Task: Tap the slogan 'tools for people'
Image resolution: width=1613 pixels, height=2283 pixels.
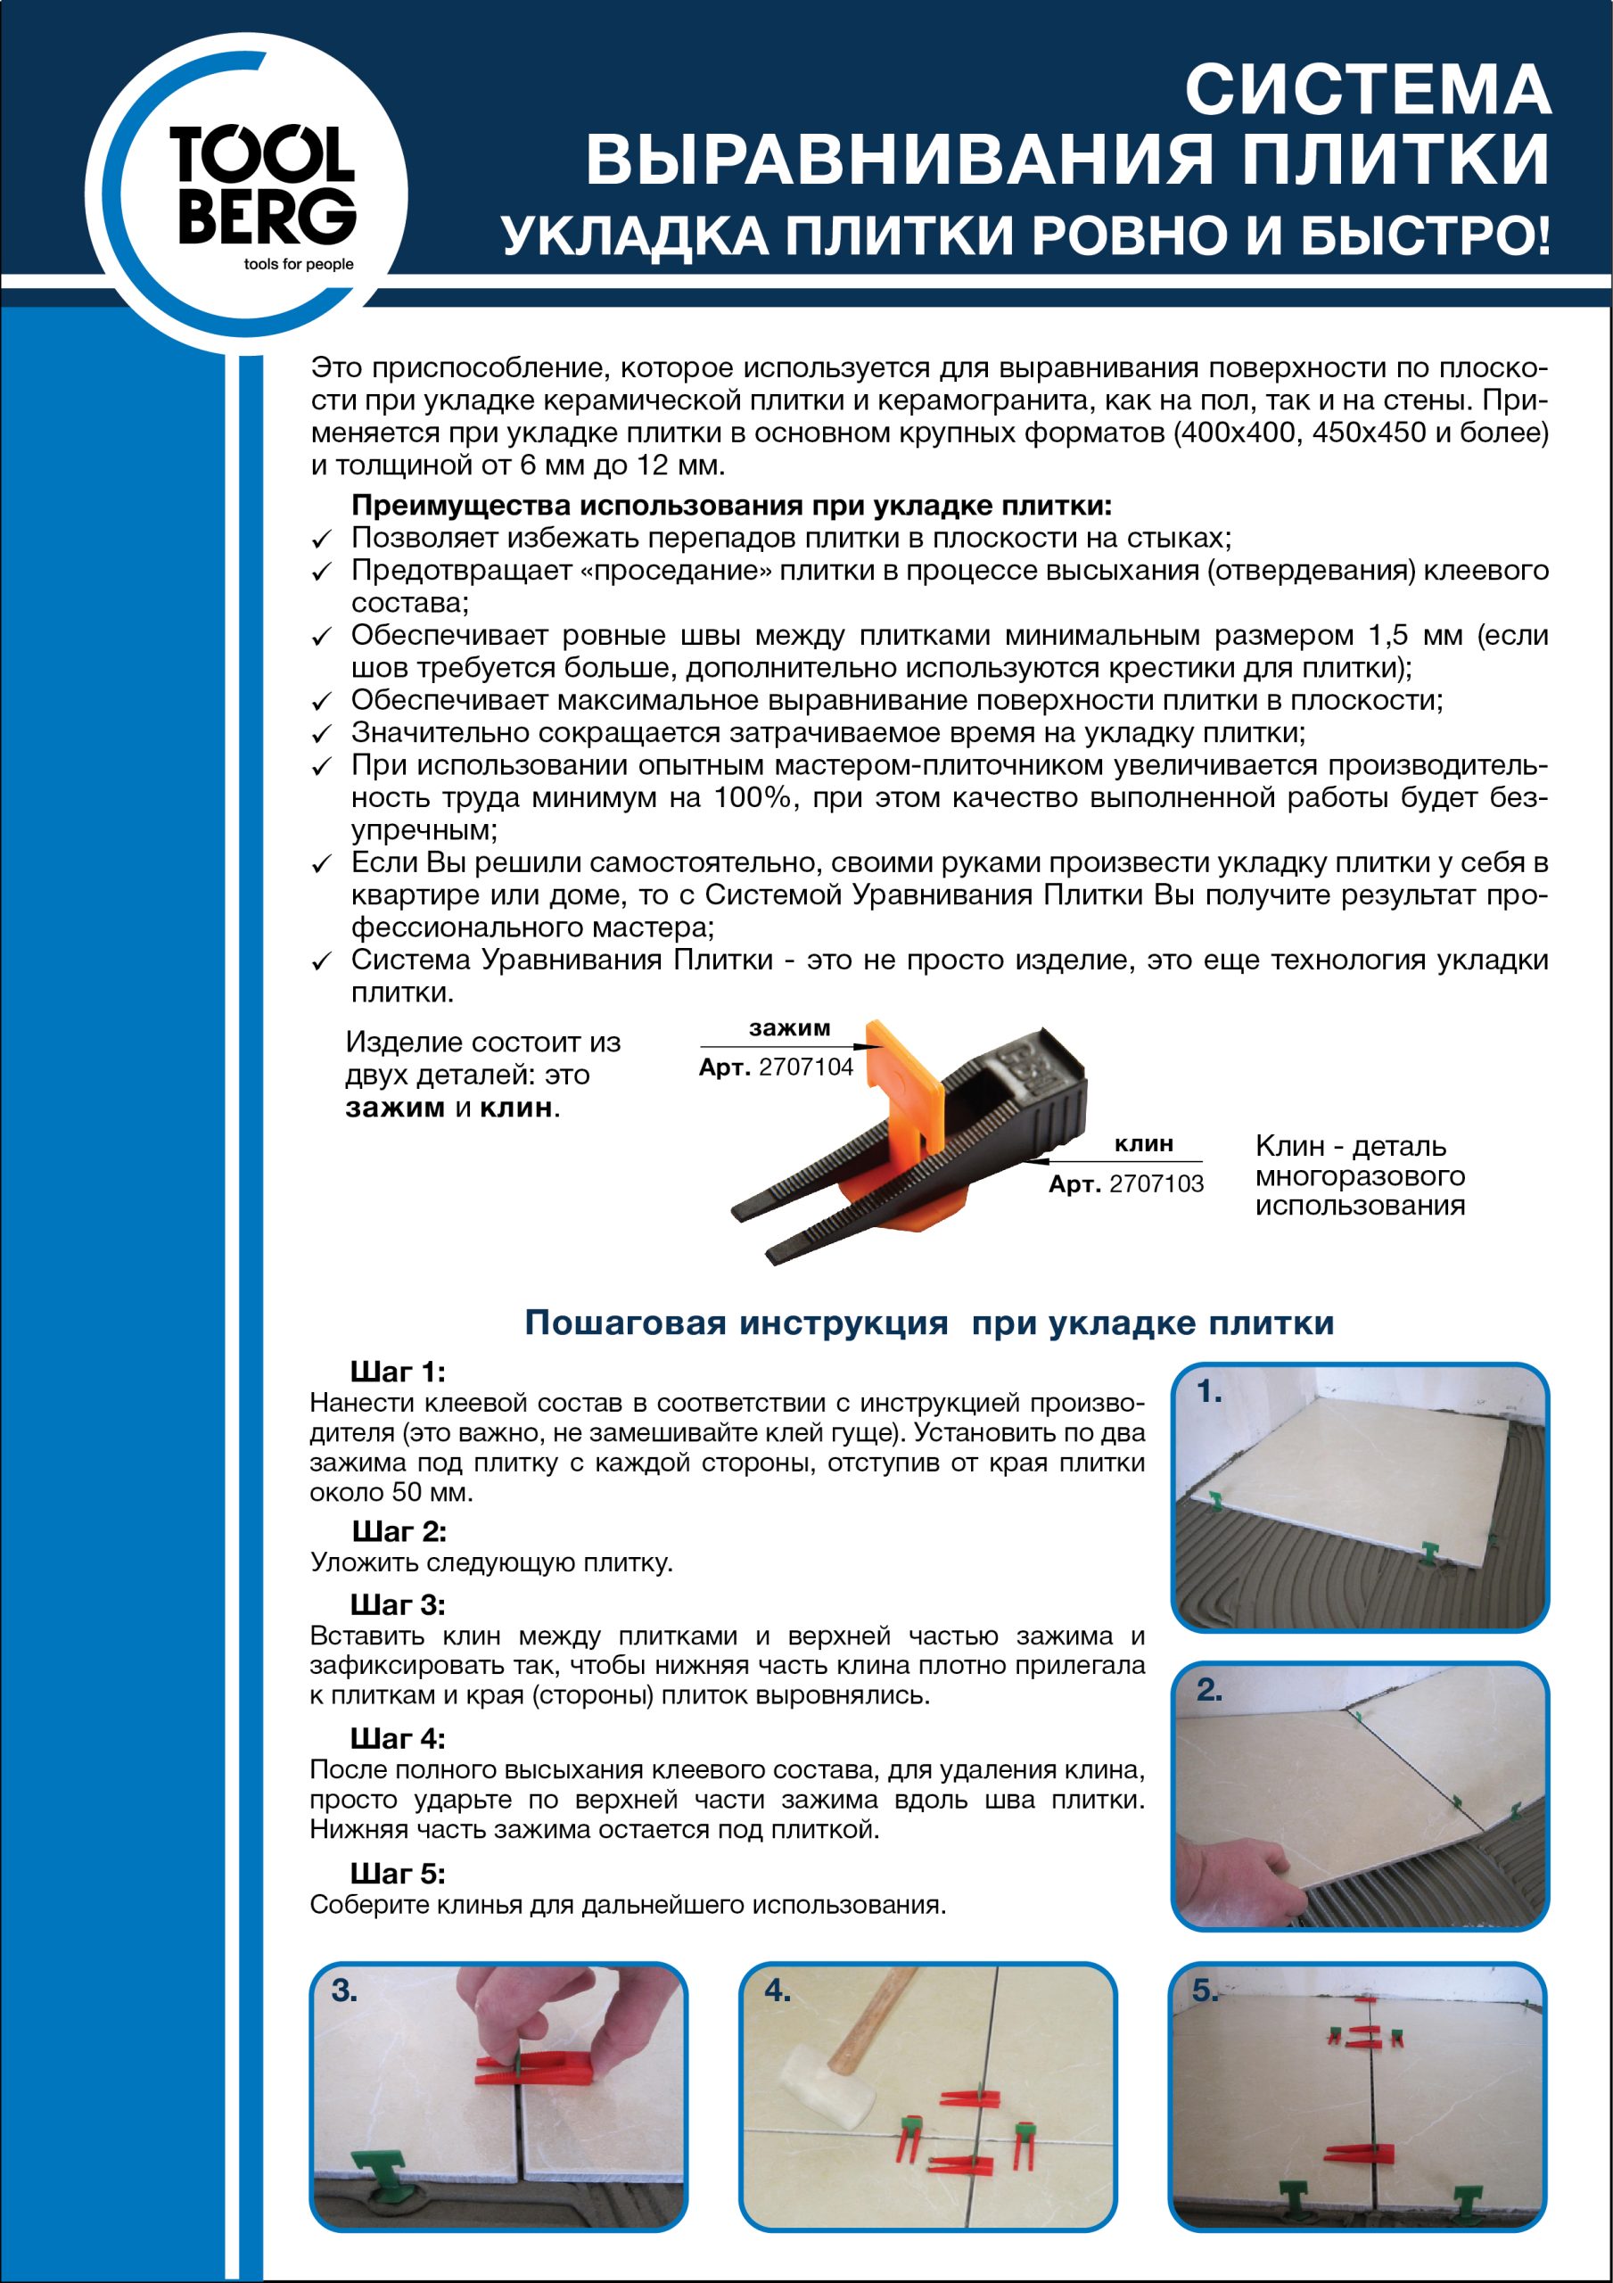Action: [x=299, y=265]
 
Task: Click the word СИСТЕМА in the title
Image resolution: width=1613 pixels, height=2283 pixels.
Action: [x=1368, y=89]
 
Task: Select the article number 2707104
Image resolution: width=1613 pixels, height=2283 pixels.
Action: [x=805, y=1067]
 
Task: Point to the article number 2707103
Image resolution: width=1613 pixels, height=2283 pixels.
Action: [x=1156, y=1184]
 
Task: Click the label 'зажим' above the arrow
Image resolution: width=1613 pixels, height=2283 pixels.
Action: [x=790, y=1028]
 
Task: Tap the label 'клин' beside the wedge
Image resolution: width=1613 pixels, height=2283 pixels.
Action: [x=1144, y=1143]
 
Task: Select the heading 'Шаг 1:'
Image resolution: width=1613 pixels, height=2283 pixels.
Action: [x=398, y=1372]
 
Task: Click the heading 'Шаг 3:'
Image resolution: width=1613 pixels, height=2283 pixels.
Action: [x=398, y=1606]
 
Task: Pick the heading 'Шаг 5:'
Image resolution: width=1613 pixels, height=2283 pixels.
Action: [x=398, y=1875]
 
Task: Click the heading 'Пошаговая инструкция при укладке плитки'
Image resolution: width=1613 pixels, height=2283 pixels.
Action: [x=929, y=1323]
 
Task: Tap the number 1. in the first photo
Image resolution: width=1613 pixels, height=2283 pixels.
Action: [x=1209, y=1392]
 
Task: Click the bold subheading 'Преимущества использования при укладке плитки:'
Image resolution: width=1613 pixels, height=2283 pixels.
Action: [x=731, y=507]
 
